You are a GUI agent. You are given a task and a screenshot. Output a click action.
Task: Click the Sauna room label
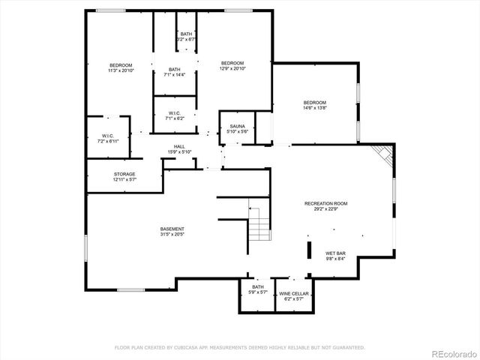pyautogui.click(x=236, y=127)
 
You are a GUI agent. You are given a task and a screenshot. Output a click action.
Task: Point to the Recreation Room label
pyautogui.click(x=325, y=203)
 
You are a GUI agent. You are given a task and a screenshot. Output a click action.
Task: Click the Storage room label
pyautogui.click(x=124, y=174)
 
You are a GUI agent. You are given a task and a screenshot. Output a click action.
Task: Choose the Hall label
pyautogui.click(x=179, y=146)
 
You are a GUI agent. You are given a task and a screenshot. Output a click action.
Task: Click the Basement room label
pyautogui.click(x=172, y=229)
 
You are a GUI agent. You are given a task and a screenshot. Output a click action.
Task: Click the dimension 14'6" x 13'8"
pyautogui.click(x=315, y=108)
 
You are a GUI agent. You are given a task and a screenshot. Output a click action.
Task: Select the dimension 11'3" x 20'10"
pyautogui.click(x=121, y=70)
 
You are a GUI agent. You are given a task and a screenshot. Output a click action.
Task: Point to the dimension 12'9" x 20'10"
pyautogui.click(x=232, y=68)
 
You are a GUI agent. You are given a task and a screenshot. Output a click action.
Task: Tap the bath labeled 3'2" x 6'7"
pyautogui.click(x=187, y=38)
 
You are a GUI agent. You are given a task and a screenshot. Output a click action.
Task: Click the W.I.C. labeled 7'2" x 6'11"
pyautogui.click(x=106, y=139)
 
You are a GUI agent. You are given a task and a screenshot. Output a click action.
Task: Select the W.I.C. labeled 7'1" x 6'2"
pyautogui.click(x=174, y=116)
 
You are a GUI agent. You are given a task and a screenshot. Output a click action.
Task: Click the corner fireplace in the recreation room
pyautogui.click(x=383, y=155)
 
